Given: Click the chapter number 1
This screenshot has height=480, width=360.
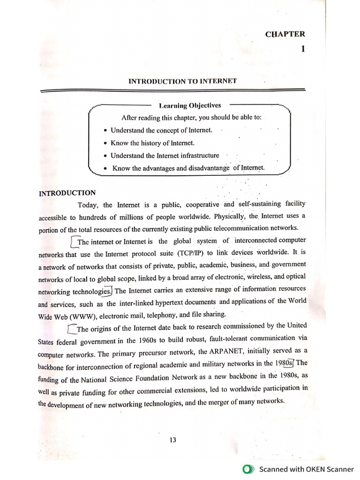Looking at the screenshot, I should coord(303,49).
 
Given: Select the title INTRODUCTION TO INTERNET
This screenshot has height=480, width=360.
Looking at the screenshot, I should coord(183,82).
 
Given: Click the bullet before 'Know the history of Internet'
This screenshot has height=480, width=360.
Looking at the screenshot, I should coord(105,143).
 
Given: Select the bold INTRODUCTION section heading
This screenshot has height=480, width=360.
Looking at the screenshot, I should coord(67,193).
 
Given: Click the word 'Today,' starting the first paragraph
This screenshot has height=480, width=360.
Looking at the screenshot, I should coord(88,205).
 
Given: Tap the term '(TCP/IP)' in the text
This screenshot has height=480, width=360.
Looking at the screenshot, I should coord(177,254).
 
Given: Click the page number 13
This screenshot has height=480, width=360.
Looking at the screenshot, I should coord(173,440).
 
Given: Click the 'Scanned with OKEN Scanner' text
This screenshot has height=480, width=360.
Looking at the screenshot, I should coord(307,469).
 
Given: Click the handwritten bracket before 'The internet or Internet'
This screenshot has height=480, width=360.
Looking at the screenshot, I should coord(72,241).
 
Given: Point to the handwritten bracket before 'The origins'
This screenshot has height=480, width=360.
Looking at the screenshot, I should coord(71,328).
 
